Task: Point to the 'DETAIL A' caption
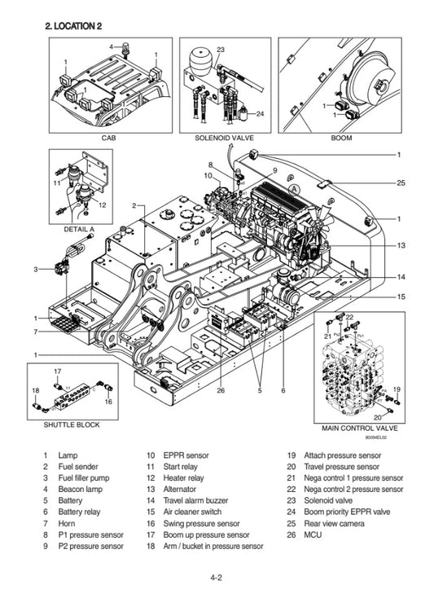click(x=80, y=229)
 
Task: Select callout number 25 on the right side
click(x=400, y=183)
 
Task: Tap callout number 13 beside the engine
click(x=400, y=245)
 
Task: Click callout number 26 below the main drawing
click(x=221, y=390)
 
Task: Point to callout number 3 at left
click(x=36, y=269)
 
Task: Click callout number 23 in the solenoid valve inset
click(x=220, y=51)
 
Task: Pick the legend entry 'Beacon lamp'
click(x=78, y=489)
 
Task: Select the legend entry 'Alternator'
click(x=180, y=489)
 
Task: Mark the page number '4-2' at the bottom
click(x=217, y=578)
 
